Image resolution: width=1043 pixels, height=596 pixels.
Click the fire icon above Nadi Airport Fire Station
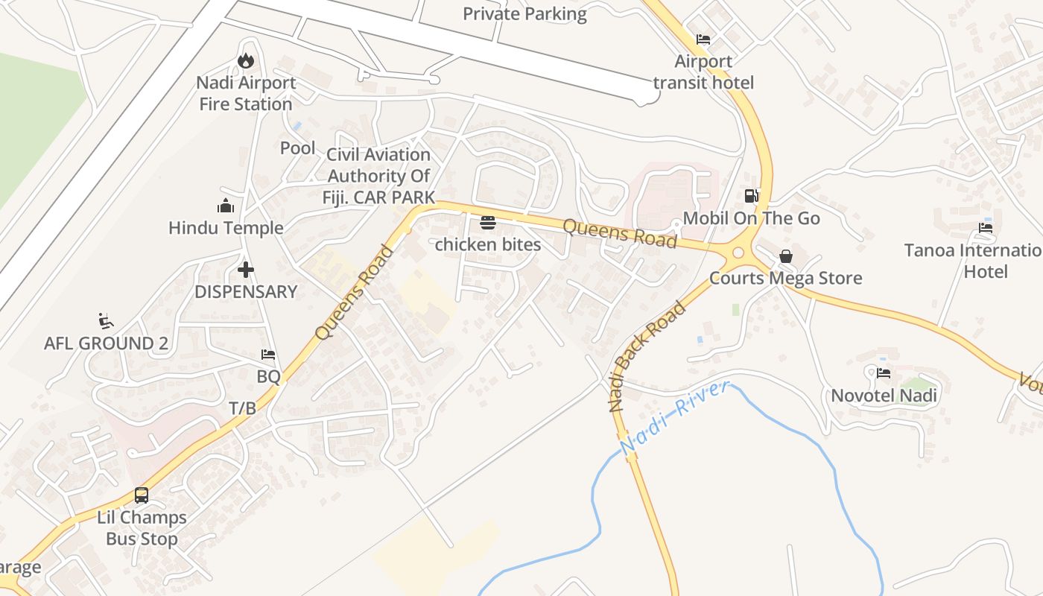246,60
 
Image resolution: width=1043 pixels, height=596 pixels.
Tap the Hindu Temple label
226,228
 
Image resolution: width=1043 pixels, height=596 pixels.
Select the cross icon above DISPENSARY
246,270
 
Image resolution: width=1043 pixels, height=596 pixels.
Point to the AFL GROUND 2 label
106,343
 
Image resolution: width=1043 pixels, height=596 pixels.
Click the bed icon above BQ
268,355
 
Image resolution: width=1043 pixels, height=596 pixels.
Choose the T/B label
243,408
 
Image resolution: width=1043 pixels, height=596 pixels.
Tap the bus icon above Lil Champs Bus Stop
141,495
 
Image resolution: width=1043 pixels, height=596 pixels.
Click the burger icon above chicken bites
488,222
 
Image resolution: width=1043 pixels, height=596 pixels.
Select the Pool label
297,148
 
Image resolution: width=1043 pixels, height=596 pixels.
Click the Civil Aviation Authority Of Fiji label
379,176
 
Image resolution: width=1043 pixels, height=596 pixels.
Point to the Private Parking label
524,13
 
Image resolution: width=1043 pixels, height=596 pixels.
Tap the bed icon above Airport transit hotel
703,39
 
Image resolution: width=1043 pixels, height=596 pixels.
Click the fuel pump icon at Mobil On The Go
752,196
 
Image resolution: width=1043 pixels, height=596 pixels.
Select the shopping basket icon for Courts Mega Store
786,256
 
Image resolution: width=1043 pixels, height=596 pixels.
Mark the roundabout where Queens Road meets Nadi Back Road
738,252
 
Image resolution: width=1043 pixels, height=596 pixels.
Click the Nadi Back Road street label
647,356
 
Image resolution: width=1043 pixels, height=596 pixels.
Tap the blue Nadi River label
673,418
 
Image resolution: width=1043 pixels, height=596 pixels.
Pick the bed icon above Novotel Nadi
884,372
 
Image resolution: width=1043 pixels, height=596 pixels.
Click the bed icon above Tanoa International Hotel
986,228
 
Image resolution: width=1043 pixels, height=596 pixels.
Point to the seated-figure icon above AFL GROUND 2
106,321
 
